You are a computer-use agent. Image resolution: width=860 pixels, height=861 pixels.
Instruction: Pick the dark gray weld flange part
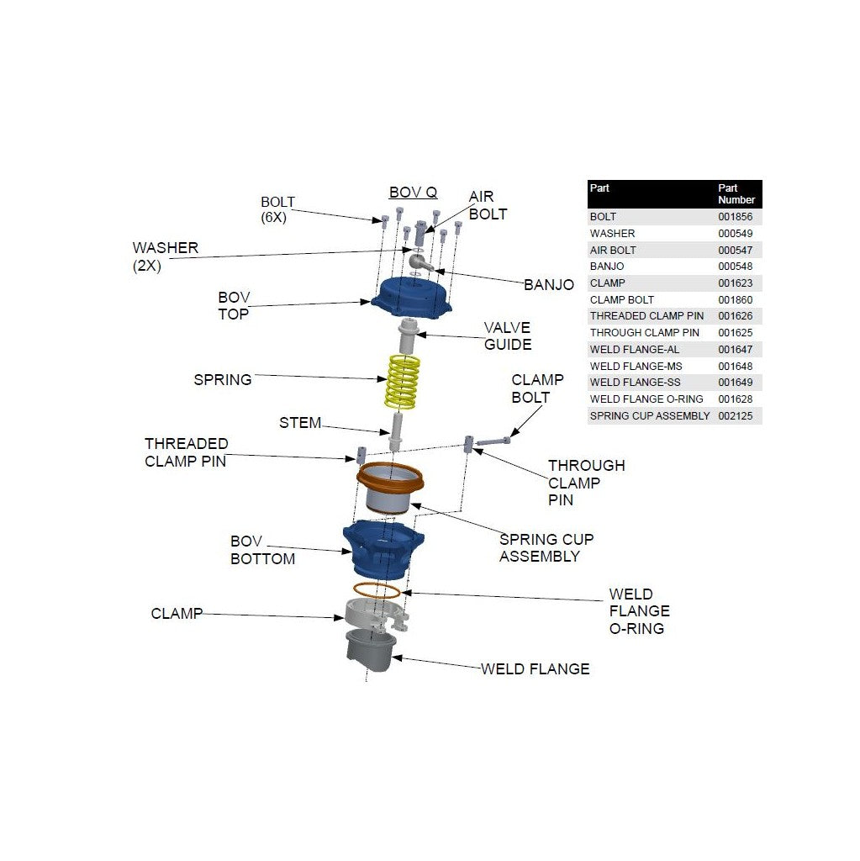coord(370,651)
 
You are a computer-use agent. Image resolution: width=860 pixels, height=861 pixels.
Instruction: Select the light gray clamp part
coord(374,614)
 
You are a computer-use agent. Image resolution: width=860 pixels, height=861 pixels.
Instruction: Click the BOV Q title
coord(413,193)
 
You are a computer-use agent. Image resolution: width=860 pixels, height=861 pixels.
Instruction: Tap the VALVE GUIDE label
coord(508,335)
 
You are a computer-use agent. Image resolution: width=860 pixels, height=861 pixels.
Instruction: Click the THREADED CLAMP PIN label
coord(186,452)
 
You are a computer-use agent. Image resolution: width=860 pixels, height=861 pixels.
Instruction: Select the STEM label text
coord(300,423)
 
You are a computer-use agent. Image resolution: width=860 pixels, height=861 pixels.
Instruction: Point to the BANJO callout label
coord(549,285)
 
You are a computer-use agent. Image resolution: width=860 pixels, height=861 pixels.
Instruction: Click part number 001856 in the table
coord(735,217)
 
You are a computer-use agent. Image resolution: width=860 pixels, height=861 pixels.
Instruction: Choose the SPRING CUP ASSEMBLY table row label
coord(650,416)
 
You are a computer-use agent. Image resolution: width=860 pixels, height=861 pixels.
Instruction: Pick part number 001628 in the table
coord(735,399)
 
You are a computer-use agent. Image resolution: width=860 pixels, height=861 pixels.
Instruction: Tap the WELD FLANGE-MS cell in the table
coord(636,366)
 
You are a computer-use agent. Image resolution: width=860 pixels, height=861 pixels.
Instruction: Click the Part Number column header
coord(736,194)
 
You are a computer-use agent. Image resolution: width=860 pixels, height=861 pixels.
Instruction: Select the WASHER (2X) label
coord(166,256)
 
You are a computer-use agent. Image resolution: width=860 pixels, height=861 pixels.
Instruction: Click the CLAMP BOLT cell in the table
coord(621,300)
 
